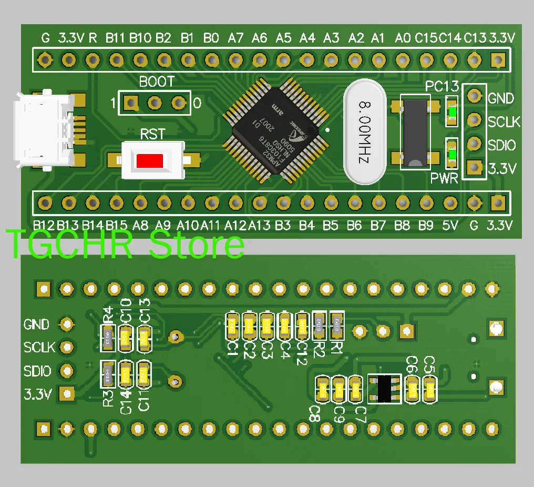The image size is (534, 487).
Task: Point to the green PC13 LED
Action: tap(451, 112)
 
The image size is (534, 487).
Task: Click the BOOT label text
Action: tap(156, 82)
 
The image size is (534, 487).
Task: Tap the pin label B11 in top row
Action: tap(115, 38)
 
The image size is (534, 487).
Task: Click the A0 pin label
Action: tap(402, 38)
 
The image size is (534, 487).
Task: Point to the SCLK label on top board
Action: tap(504, 122)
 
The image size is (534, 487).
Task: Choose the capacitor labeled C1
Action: tap(232, 326)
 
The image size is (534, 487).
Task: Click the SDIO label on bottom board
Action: tap(37, 371)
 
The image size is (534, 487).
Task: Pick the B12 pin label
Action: tap(45, 226)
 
